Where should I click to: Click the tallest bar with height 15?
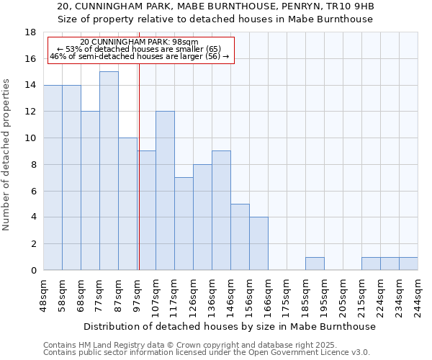(109, 171)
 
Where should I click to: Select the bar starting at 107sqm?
(165, 191)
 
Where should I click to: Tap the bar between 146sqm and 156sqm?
(240, 237)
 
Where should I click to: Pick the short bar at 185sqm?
(315, 264)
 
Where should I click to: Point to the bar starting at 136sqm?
(221, 210)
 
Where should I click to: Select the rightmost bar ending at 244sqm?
(408, 264)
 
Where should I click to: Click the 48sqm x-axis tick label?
(43, 294)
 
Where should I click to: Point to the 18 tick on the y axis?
(30, 32)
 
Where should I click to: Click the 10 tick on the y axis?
(30, 138)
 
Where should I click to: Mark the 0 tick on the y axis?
(33, 271)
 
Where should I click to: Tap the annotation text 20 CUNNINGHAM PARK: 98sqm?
(140, 42)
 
